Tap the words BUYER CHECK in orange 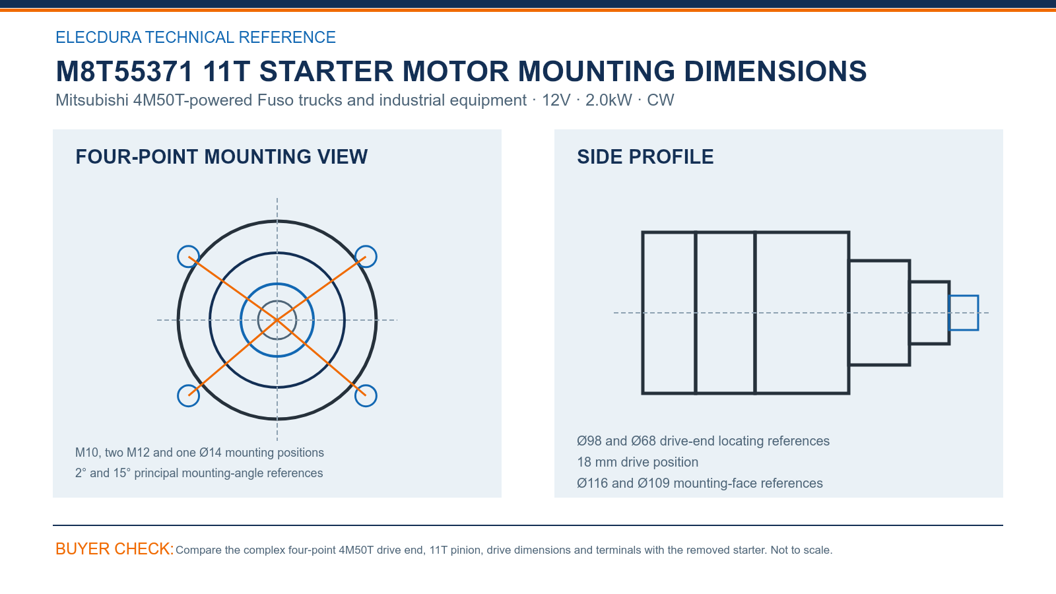pyautogui.click(x=115, y=549)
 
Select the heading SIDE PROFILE pyautogui.click(x=645, y=157)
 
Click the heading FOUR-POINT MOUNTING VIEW pyautogui.click(x=222, y=157)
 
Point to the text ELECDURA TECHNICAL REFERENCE pyautogui.click(x=195, y=37)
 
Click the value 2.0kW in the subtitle pyautogui.click(x=609, y=100)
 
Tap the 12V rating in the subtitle pyautogui.click(x=556, y=100)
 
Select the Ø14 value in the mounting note pyautogui.click(x=211, y=453)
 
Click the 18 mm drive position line pyautogui.click(x=638, y=462)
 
